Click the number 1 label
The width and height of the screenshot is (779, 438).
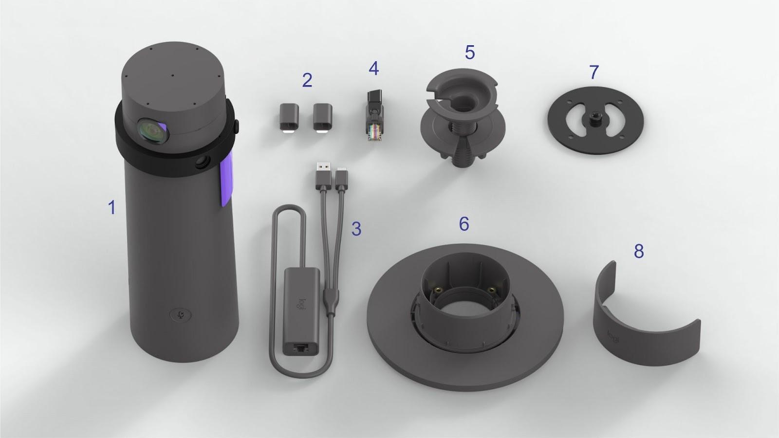[x=111, y=208]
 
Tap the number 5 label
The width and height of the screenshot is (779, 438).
[x=469, y=52]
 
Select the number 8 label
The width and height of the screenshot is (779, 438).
[x=638, y=251]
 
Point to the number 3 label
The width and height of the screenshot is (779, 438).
[x=356, y=229]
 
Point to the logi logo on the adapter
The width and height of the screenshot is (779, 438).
[x=302, y=307]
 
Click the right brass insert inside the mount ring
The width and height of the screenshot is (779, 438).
[x=495, y=290]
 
